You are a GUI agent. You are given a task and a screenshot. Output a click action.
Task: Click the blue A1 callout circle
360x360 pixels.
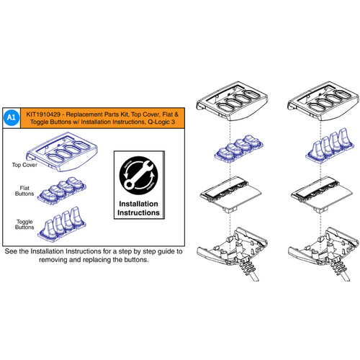tap(12, 116)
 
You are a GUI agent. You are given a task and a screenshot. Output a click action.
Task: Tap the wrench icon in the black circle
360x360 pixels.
tap(137, 173)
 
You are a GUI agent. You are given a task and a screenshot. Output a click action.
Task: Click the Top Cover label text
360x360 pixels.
tap(24, 165)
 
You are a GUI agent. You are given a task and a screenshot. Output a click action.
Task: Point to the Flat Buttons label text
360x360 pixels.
tap(25, 194)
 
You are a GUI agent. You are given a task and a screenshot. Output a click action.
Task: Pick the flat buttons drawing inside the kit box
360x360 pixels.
tap(66, 189)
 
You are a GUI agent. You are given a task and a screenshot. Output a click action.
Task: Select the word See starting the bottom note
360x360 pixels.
tap(12, 253)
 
